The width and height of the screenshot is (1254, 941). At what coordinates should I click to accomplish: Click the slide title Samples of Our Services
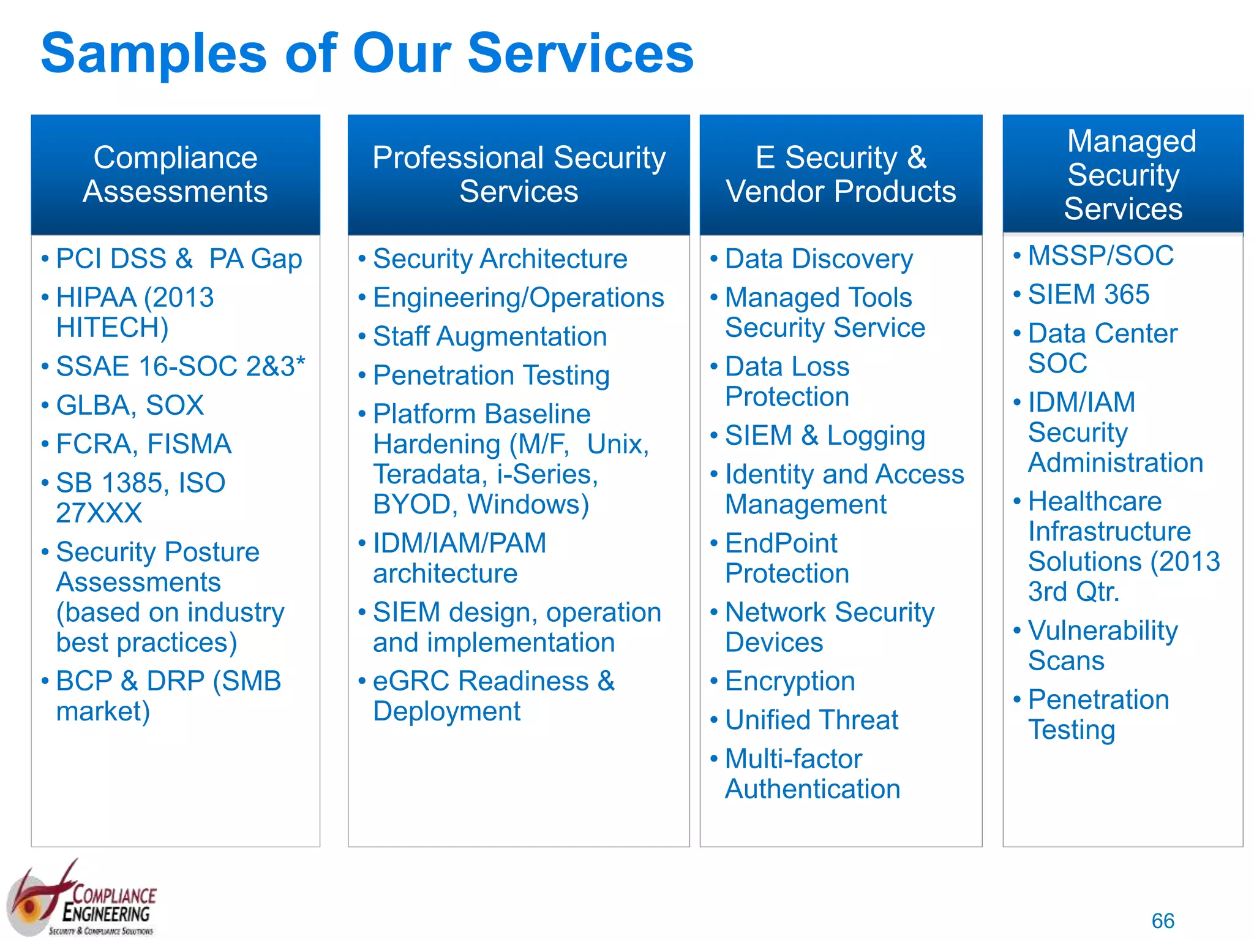pyautogui.click(x=367, y=54)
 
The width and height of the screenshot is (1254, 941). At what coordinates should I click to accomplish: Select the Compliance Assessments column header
pyautogui.click(x=175, y=175)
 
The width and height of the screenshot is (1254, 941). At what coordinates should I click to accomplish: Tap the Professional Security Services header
pyautogui.click(x=519, y=175)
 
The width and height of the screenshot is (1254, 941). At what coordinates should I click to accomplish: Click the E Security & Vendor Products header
pyautogui.click(x=841, y=175)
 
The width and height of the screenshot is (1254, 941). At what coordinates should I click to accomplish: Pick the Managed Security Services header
pyautogui.click(x=1123, y=175)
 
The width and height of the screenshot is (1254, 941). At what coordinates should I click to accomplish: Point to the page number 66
pyautogui.click(x=1162, y=921)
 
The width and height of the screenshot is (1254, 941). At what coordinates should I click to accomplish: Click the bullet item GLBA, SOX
pyautogui.click(x=130, y=406)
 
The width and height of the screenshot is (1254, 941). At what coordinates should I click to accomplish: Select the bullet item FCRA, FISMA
pyautogui.click(x=143, y=444)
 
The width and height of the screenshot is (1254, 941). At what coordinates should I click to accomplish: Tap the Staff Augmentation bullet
pyautogui.click(x=490, y=337)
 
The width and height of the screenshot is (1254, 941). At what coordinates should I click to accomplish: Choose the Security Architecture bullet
pyautogui.click(x=500, y=259)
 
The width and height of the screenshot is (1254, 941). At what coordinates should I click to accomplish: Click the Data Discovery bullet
pyautogui.click(x=819, y=259)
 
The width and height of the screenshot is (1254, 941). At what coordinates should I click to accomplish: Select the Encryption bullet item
pyautogui.click(x=790, y=681)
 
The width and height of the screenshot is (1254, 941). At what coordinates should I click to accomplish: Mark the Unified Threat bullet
pyautogui.click(x=811, y=720)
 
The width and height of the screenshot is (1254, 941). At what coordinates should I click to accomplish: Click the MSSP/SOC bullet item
pyautogui.click(x=1100, y=256)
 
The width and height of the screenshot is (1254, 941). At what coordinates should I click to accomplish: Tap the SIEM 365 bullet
pyautogui.click(x=1088, y=295)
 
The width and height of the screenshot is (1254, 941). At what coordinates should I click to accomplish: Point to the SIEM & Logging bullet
pyautogui.click(x=824, y=436)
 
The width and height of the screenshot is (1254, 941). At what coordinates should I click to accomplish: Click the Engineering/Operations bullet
pyautogui.click(x=518, y=298)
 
